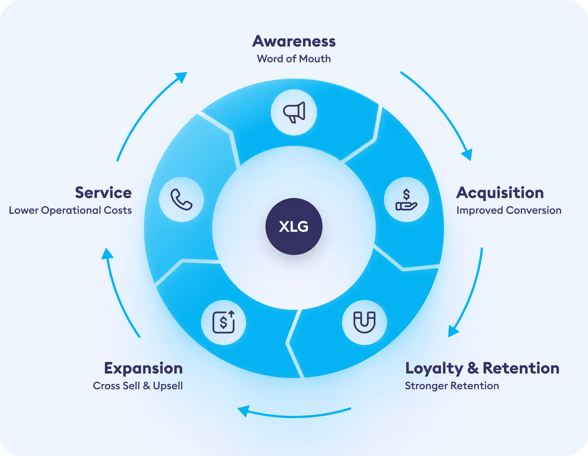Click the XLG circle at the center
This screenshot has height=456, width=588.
(294, 226)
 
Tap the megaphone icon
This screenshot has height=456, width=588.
(294, 112)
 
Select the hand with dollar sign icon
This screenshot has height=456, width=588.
(406, 199)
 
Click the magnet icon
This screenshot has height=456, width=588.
(364, 322)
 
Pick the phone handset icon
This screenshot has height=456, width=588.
(181, 199)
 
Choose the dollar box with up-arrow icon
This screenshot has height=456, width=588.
(223, 322)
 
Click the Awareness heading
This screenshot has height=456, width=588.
(294, 41)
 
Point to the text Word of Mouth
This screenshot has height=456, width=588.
(294, 59)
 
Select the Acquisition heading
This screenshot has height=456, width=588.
(500, 193)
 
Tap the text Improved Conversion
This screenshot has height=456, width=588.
(509, 210)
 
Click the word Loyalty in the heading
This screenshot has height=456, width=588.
(434, 369)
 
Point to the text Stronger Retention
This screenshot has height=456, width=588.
(452, 386)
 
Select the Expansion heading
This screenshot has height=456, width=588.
(143, 369)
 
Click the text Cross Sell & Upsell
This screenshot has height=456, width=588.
(138, 386)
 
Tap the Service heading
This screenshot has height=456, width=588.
(103, 193)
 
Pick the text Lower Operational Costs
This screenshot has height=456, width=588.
(70, 210)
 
